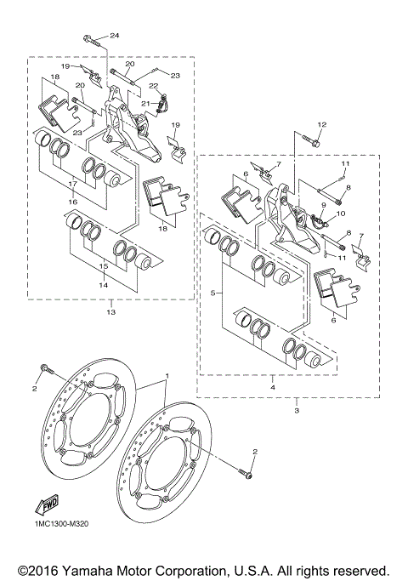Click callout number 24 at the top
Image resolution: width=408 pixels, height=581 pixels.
click(115, 35)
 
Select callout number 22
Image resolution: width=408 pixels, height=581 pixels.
click(154, 86)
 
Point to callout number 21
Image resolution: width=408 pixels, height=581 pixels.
click(145, 103)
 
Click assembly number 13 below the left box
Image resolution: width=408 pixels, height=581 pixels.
click(110, 313)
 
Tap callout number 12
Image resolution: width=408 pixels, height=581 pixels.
click(321, 125)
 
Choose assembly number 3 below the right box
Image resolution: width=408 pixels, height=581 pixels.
click(297, 411)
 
